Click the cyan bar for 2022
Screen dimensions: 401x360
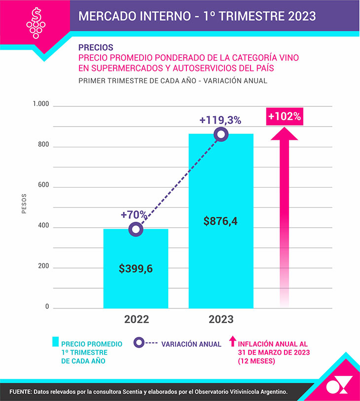[x=136, y=286]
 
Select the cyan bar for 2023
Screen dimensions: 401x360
[x=221, y=266]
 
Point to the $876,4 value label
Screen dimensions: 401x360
[x=221, y=221]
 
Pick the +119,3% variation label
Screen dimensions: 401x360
[x=220, y=120]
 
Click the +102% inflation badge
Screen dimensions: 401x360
[x=285, y=117]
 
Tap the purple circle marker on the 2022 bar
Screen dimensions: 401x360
[x=136, y=229]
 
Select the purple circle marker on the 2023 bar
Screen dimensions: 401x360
[x=221, y=134]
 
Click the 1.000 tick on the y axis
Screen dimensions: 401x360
[x=41, y=104]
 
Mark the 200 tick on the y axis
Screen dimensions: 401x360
[x=44, y=267]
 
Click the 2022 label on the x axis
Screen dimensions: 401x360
[x=137, y=319]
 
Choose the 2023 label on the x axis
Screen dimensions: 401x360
[x=221, y=319]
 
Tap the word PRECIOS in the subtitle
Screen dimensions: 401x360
[x=96, y=48]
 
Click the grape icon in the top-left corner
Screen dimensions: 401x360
[x=35, y=24]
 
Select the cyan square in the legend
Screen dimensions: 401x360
[x=55, y=341]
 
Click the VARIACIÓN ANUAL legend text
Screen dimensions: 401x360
[x=191, y=344]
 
